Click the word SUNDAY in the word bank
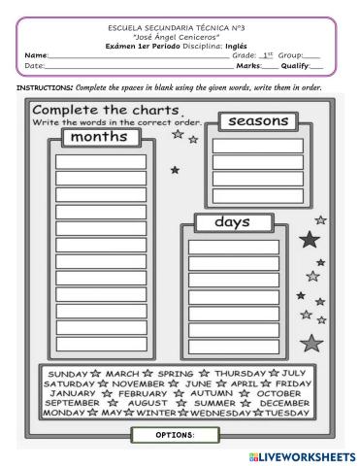(67, 373)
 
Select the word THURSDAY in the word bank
(239, 373)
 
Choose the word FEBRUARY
(144, 392)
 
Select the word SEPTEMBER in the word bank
(73, 402)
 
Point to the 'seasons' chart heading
(256, 122)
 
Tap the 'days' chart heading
(232, 222)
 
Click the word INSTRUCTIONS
(47, 87)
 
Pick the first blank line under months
(101, 160)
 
